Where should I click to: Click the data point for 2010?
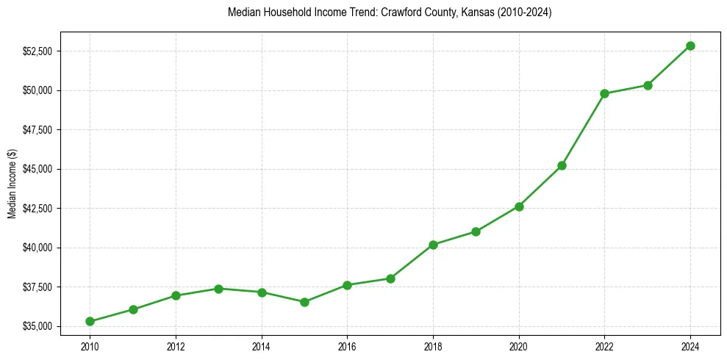(90, 321)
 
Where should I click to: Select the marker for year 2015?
(304, 302)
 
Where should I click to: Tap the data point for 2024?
(690, 46)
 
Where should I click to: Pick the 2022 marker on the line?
(604, 93)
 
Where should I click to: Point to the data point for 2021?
(562, 165)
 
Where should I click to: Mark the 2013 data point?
(218, 288)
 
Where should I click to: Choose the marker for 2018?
(433, 245)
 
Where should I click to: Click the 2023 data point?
(648, 85)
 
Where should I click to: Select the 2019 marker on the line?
(476, 231)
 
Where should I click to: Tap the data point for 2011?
(133, 309)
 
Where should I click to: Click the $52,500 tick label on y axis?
(37, 51)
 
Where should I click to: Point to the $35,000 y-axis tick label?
(37, 326)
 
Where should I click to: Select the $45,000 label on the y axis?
(37, 169)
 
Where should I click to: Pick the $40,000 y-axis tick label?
(37, 248)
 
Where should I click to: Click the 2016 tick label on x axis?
(347, 345)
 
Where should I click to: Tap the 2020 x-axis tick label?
(519, 345)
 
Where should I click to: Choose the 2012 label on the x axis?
(176, 345)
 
